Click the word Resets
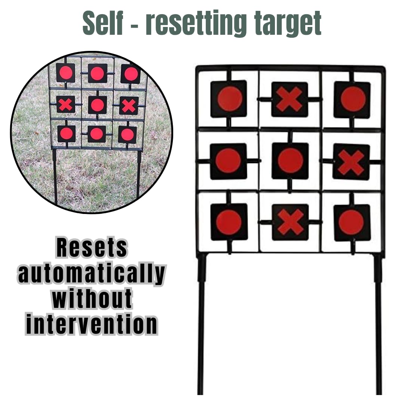[x=92, y=248]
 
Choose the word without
[x=92, y=299]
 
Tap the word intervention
[x=92, y=324]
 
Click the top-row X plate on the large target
[x=290, y=100]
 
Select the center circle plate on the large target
[x=290, y=160]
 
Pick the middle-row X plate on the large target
[x=351, y=162]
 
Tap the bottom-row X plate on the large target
[x=290, y=222]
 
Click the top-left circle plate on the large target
[x=229, y=99]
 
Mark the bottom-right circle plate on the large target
[x=352, y=223]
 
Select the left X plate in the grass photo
[x=66, y=104]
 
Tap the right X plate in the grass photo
[x=129, y=105]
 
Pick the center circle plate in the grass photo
[x=97, y=105]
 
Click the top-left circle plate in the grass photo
[x=65, y=73]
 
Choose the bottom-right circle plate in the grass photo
[x=127, y=135]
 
